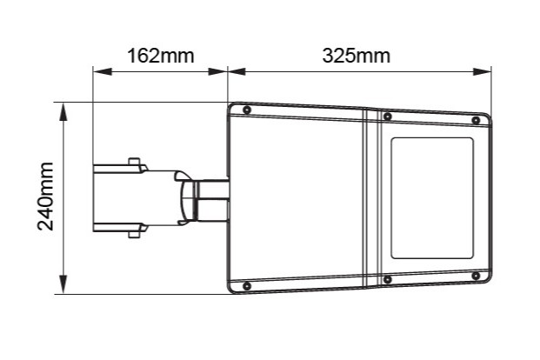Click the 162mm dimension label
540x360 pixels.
(161, 56)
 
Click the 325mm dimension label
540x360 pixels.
(357, 56)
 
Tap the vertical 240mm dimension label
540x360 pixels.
(46, 196)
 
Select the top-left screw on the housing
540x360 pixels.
(247, 110)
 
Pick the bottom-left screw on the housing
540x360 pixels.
(247, 285)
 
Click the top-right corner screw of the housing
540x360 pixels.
(476, 120)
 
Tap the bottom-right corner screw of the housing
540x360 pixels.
(476, 276)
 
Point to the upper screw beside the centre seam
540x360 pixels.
(388, 117)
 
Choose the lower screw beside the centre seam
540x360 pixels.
(388, 279)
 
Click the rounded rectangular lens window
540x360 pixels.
(432, 198)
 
